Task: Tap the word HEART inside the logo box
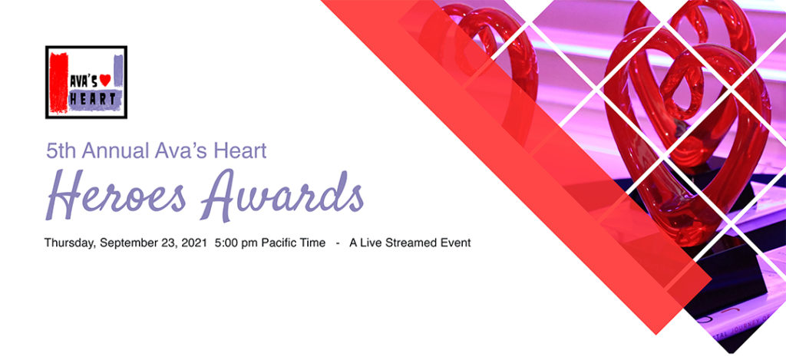[93, 98]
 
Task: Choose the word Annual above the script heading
[115, 151]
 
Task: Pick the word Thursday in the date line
[70, 243]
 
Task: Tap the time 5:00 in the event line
[228, 243]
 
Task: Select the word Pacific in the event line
[280, 243]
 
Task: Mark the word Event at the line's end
[455, 243]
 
